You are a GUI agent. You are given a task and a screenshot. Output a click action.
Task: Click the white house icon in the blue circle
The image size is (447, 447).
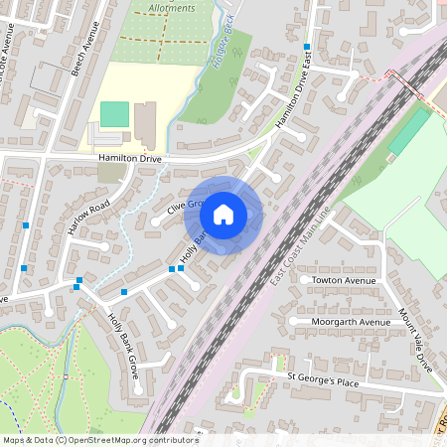click(223, 215)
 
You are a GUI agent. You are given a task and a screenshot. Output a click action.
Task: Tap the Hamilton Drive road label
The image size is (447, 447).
click(129, 158)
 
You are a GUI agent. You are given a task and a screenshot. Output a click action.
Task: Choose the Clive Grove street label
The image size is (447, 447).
click(185, 205)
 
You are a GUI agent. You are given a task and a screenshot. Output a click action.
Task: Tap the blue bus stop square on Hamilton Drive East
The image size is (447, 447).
click(307, 47)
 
